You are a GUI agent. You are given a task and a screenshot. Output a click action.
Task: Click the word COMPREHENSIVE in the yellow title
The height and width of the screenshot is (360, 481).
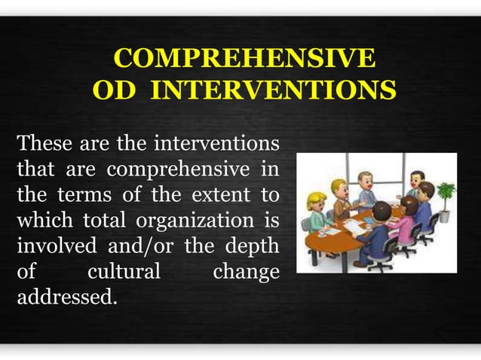tap(244, 59)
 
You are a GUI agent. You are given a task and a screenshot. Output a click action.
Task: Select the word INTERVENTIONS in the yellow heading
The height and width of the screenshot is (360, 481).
tap(273, 91)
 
